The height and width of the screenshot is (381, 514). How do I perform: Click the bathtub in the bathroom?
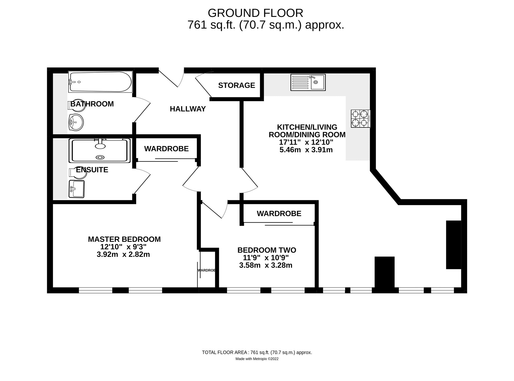100,82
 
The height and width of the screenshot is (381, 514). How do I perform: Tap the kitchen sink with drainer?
308,82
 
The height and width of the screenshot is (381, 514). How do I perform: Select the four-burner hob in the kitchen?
360,119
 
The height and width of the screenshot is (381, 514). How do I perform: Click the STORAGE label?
236,85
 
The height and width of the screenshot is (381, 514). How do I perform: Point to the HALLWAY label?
188,109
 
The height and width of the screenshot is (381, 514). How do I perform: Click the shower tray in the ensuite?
100,150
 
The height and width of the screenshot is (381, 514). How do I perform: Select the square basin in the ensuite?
76,189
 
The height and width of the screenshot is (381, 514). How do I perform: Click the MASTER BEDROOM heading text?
124,239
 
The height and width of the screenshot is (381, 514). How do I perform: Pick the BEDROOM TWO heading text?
267,250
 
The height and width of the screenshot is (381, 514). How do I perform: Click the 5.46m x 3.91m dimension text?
306,150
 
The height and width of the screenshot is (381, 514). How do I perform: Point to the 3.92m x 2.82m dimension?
123,254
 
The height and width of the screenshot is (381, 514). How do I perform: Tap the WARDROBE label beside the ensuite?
166,149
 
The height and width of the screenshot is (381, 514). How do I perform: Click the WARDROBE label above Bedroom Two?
279,213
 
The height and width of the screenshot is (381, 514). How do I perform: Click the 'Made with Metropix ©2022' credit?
257,359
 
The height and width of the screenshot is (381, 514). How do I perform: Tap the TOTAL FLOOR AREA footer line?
257,352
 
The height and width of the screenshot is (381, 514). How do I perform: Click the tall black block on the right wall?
453,244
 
